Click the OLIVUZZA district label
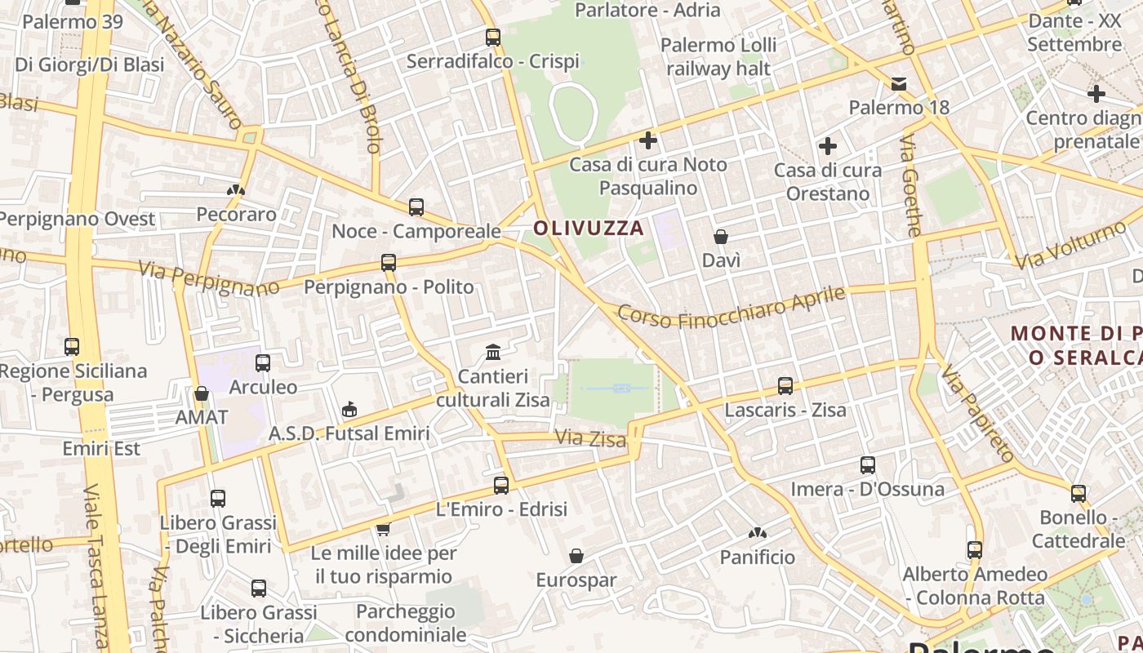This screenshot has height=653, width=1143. click(589, 229)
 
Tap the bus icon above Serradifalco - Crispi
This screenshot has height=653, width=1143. click(492, 37)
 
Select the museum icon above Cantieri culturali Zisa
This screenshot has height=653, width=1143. click(493, 352)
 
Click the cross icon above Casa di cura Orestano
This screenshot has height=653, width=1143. click(828, 146)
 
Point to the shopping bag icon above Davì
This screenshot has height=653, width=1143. click(721, 237)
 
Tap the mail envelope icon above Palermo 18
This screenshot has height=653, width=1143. click(899, 83)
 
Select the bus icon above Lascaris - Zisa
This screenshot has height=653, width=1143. click(785, 385)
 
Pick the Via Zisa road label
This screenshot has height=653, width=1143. click(590, 438)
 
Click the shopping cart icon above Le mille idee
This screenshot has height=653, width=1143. click(383, 529)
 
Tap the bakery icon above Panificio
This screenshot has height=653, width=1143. click(757, 533)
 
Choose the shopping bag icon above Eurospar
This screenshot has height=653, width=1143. click(576, 556)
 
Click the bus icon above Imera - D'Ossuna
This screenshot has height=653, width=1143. click(868, 465)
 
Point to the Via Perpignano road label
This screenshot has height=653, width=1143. click(208, 278)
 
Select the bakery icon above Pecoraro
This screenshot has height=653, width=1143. click(236, 190)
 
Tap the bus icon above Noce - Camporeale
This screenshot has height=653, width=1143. click(416, 207)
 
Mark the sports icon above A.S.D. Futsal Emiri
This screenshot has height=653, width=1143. click(349, 409)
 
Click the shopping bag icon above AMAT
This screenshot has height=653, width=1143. click(202, 393)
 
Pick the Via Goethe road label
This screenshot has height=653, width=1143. click(911, 186)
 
